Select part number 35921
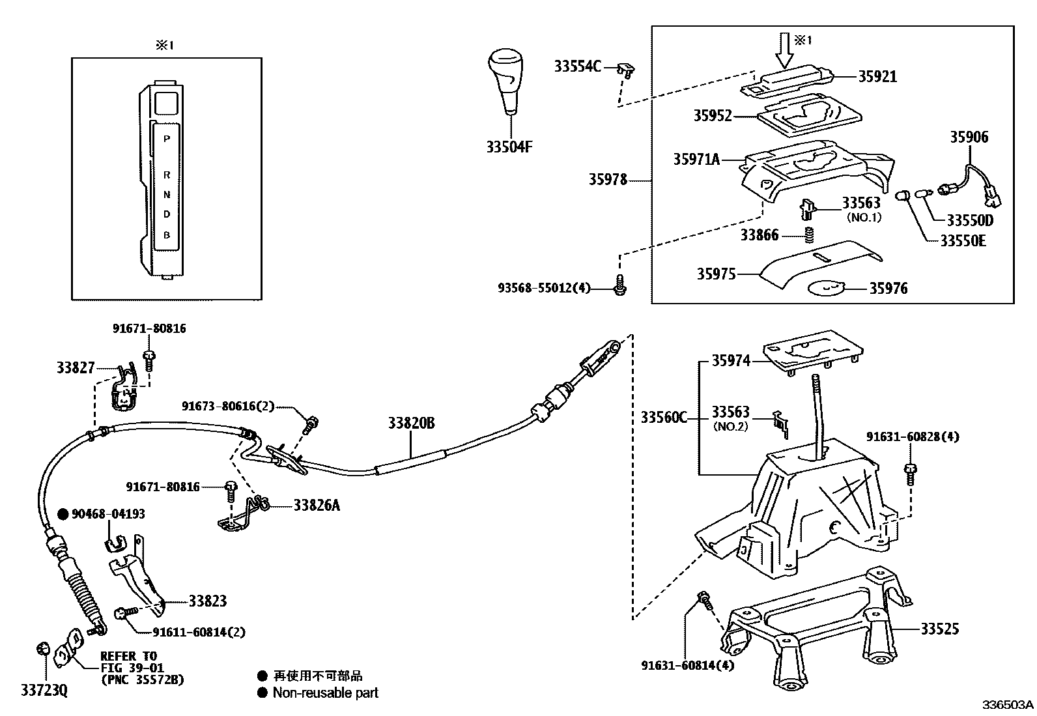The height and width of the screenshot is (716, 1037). [877, 76]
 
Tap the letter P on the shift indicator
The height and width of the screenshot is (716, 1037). [167, 139]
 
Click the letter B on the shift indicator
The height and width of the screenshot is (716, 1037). [167, 235]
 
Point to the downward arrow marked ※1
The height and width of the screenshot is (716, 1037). [786, 50]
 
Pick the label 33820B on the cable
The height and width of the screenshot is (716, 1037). [411, 423]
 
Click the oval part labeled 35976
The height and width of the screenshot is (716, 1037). [826, 288]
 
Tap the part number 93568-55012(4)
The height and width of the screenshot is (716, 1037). [543, 287]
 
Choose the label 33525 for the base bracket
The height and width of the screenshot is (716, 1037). [939, 629]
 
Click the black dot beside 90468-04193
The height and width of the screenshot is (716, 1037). [63, 514]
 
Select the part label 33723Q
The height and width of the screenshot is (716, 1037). [44, 690]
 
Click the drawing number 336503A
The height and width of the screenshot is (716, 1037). [1008, 705]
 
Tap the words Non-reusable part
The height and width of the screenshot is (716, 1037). [325, 693]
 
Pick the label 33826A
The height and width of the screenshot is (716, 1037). [316, 506]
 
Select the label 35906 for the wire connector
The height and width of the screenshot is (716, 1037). [969, 137]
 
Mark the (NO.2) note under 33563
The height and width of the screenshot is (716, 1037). [731, 427]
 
